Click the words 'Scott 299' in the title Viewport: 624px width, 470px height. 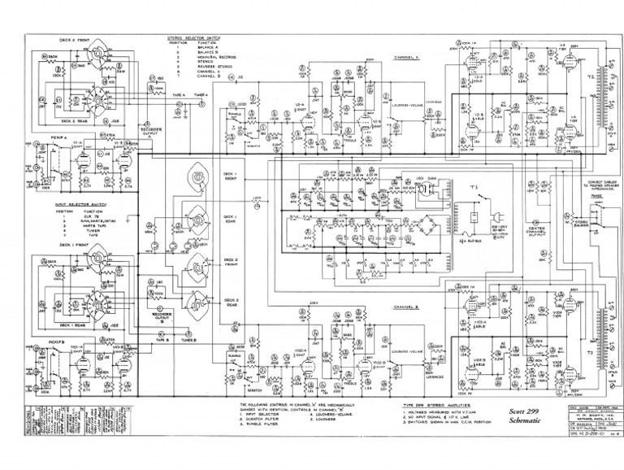click(523, 410)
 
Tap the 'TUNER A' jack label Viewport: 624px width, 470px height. click(200, 95)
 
